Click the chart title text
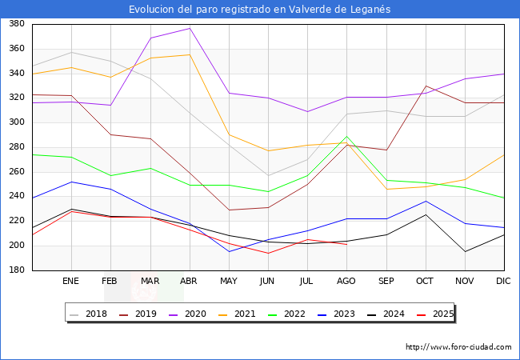pyautogui.click(x=260, y=9)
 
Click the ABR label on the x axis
pyautogui.click(x=190, y=282)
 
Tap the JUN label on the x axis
pyautogui.click(x=268, y=282)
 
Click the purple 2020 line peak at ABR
pyautogui.click(x=190, y=29)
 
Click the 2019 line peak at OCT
pyautogui.click(x=426, y=86)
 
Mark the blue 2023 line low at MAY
pyautogui.click(x=229, y=252)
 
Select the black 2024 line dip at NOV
pyautogui.click(x=465, y=252)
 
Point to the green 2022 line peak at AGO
pyautogui.click(x=346, y=137)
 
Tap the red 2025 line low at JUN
pyautogui.click(x=268, y=254)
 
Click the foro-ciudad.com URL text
pyautogui.click(x=458, y=347)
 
